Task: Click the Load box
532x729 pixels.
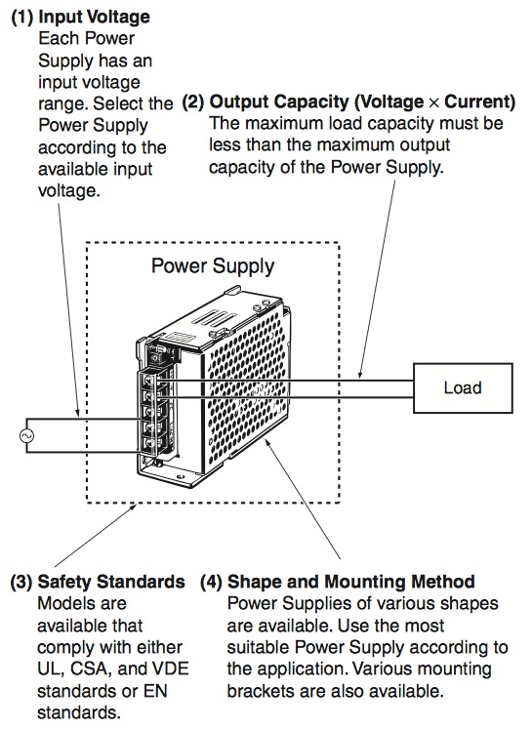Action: (463, 387)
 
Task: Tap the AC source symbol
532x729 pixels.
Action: (26, 435)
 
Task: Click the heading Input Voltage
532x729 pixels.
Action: (94, 17)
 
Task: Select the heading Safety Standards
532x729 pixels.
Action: (111, 582)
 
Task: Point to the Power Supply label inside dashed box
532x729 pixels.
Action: (213, 266)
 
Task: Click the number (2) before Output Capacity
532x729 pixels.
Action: (193, 101)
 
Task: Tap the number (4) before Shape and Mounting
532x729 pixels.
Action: (211, 582)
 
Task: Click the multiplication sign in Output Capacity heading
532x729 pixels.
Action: (433, 102)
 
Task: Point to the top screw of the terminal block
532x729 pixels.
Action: (148, 380)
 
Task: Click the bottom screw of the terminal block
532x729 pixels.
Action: (148, 443)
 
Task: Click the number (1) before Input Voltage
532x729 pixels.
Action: (21, 17)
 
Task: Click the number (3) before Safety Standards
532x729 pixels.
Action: (21, 582)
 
